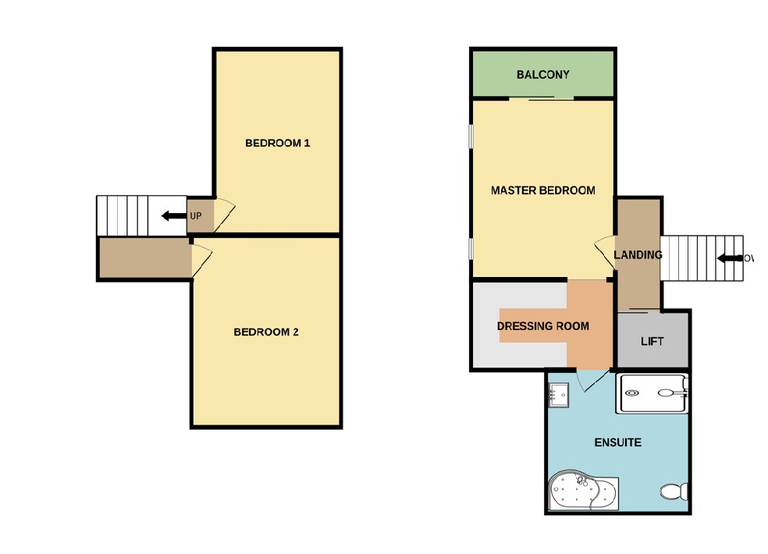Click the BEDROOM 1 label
(278, 143)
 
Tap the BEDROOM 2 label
(266, 332)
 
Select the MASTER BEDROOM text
(542, 190)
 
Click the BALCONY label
(542, 75)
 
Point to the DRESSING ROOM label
(542, 325)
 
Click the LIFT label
(652, 341)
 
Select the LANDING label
(638, 255)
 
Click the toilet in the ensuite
(673, 492)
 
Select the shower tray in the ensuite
(652, 393)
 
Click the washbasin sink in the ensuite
(558, 395)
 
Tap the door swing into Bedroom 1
(223, 211)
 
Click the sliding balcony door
(541, 98)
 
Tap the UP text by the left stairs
(196, 215)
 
